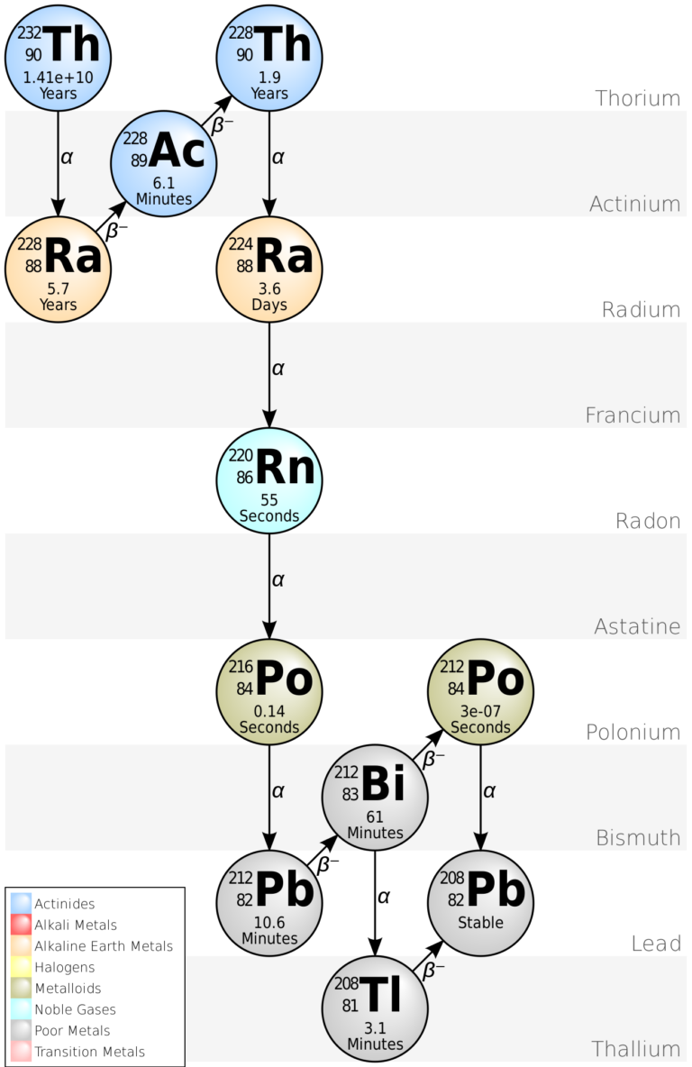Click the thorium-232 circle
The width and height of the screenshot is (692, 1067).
(x=59, y=56)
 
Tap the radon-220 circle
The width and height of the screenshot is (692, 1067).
(x=269, y=480)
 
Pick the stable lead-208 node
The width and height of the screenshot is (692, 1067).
(x=480, y=902)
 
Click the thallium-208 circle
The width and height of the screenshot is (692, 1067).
(x=375, y=1008)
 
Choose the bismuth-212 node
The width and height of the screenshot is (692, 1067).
(x=375, y=797)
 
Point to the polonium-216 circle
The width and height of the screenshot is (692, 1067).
(x=269, y=691)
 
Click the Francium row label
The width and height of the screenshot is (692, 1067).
(x=633, y=415)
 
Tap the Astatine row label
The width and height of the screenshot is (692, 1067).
(x=637, y=626)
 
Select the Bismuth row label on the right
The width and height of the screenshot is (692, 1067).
(x=638, y=837)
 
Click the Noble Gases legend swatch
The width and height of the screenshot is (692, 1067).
(x=20, y=1009)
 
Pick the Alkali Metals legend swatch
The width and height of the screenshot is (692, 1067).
(x=20, y=925)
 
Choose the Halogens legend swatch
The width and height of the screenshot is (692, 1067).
(x=20, y=967)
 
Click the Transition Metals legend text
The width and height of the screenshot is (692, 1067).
(x=89, y=1052)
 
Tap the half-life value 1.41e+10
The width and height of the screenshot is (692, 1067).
(x=58, y=78)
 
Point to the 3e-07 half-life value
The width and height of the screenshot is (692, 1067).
(x=480, y=712)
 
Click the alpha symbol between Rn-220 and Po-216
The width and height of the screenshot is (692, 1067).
(x=278, y=579)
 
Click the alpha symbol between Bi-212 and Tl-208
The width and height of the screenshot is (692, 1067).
(x=384, y=897)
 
